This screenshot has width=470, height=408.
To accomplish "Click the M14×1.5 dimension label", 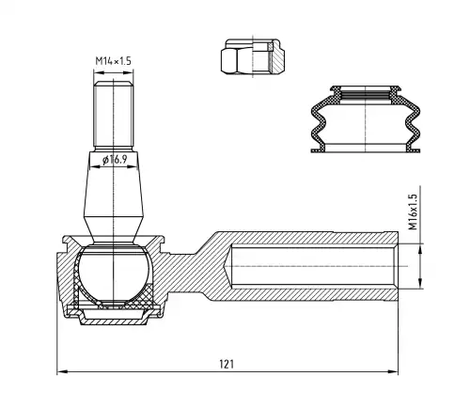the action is pos(113,60).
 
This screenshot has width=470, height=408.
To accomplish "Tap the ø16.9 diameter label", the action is pos(115,160).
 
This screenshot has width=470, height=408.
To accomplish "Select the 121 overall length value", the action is pos(227,364).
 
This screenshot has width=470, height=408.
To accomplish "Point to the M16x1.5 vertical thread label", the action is pos(414,212).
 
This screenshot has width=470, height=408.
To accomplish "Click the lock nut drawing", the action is pos(253,56).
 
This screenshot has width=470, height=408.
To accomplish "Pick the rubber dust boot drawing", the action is pos(366,118).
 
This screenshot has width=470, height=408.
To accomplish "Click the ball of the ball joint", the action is pos(114,272).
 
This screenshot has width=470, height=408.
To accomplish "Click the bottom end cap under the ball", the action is pos(114,317).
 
